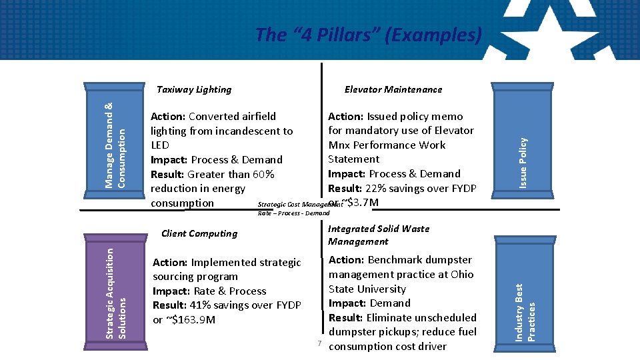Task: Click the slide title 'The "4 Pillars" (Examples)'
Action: [368, 35]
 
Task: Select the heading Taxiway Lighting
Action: [194, 89]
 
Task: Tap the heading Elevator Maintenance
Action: [393, 89]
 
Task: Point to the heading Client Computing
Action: [199, 233]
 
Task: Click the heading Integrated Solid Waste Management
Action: [379, 235]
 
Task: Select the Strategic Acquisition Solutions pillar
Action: [112, 292]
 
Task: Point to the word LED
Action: [160, 145]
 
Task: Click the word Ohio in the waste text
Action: [461, 274]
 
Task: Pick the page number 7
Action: [320, 343]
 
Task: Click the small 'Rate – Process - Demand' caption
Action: [293, 213]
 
